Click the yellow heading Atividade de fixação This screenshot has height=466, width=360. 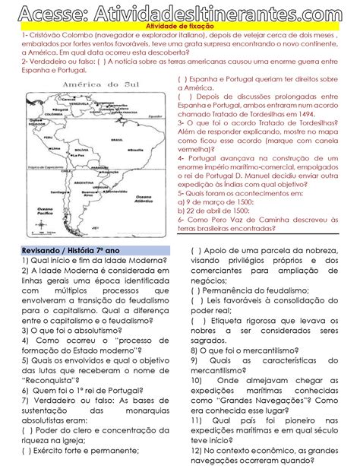(x=180, y=26)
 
